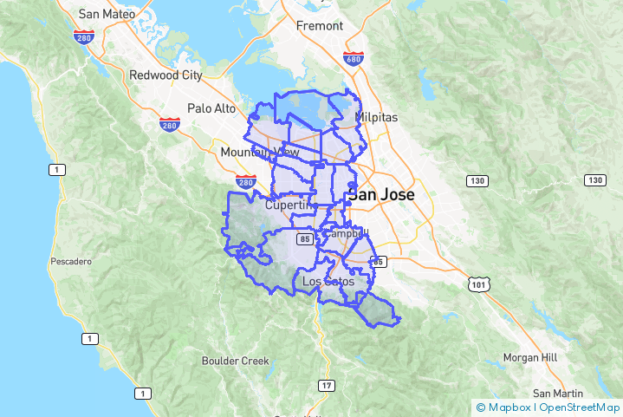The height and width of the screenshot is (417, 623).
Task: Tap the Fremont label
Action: pos(320,26)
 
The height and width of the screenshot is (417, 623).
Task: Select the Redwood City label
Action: pos(165,75)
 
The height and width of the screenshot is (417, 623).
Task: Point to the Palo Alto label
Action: pos(211,108)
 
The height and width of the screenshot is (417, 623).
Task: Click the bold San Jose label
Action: pos(381,195)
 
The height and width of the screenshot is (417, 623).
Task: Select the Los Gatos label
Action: pos(328,281)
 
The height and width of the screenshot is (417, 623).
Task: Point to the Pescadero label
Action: pos(71,260)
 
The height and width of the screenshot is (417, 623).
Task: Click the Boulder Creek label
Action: pos(236,361)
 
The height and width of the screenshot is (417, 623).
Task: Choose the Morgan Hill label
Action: pos(530,357)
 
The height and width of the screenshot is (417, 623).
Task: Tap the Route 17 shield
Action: pos(325,385)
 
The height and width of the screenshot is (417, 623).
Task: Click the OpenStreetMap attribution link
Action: pos(579,407)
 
